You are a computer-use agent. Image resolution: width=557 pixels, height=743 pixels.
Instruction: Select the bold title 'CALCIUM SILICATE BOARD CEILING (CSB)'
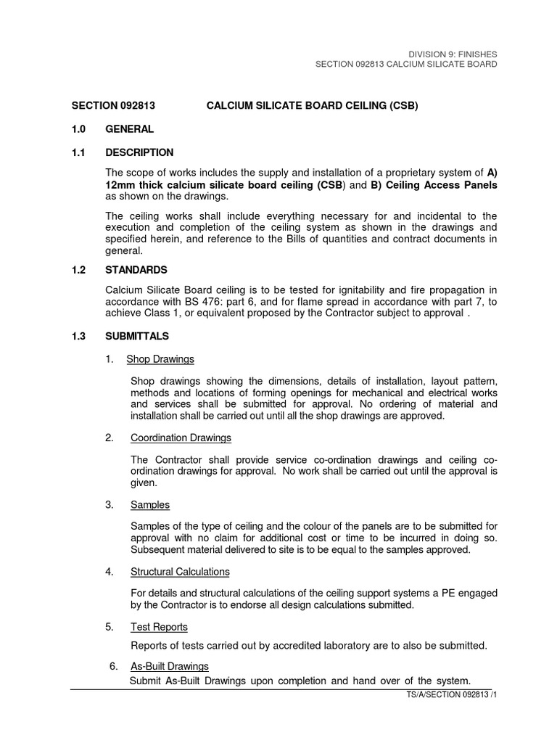(313, 106)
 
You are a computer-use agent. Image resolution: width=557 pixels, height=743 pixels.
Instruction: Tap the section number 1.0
(78, 129)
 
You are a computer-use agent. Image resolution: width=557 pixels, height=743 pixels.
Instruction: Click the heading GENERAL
(130, 129)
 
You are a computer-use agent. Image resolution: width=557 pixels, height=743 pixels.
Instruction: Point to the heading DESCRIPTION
(139, 152)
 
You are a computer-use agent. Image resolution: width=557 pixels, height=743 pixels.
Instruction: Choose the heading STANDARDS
(136, 270)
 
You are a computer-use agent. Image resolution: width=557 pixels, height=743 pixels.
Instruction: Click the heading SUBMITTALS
(137, 336)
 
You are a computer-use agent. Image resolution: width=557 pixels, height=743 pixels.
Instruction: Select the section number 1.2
(78, 270)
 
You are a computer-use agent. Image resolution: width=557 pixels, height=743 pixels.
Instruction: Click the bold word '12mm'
(120, 184)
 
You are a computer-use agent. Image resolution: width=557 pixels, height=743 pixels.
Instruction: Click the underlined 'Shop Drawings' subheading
(160, 359)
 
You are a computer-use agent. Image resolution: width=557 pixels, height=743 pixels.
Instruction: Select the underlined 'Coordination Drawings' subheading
(181, 438)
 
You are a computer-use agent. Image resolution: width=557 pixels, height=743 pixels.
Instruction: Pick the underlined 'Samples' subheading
(150, 505)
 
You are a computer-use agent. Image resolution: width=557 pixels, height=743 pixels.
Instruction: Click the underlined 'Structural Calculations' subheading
(180, 572)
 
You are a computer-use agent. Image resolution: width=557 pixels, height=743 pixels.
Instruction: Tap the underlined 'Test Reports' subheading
(159, 627)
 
